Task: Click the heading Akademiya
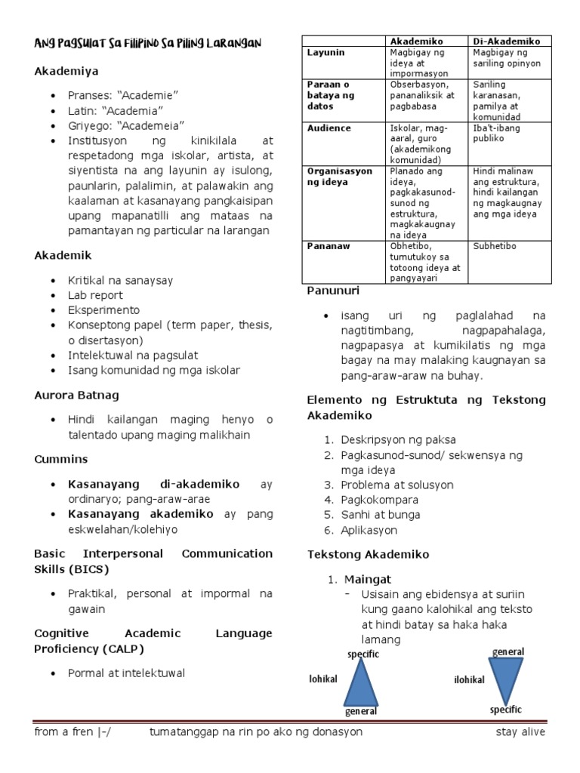point(66,71)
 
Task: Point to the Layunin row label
point(325,52)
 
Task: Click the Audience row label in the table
point(329,128)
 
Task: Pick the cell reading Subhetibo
point(494,245)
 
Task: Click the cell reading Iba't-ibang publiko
point(497,134)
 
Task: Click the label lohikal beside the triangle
point(322,679)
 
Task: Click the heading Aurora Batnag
point(77,395)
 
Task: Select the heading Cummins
point(61,459)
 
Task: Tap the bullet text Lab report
point(95,295)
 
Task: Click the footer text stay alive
point(520,731)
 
